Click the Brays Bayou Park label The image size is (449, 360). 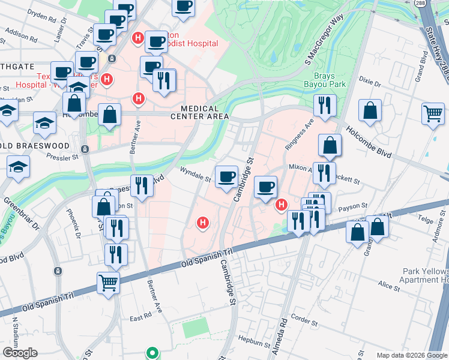pyautogui.click(x=330, y=80)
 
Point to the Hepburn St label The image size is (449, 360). pyautogui.click(x=254, y=344)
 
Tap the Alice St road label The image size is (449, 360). pyautogui.click(x=388, y=286)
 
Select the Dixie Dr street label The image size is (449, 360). pyautogui.click(x=370, y=80)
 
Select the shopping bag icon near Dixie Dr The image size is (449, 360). pyautogui.click(x=370, y=110)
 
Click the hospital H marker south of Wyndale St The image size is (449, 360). pyautogui.click(x=203, y=224)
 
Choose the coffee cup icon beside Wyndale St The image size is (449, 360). pyautogui.click(x=226, y=176)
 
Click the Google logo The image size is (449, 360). pyautogui.click(x=20, y=353)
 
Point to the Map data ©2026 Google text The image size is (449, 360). pyautogui.click(x=411, y=355)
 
